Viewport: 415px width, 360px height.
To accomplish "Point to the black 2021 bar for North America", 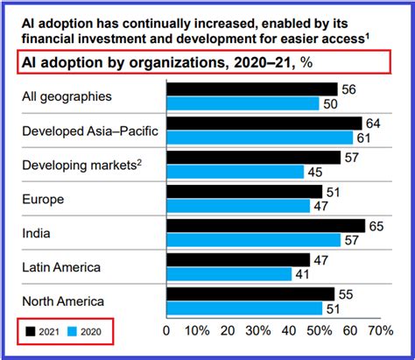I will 249,294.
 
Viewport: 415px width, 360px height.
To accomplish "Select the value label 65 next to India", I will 377,226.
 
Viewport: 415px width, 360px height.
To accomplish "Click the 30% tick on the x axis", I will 260,331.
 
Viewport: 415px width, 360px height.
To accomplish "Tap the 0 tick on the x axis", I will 166,331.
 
